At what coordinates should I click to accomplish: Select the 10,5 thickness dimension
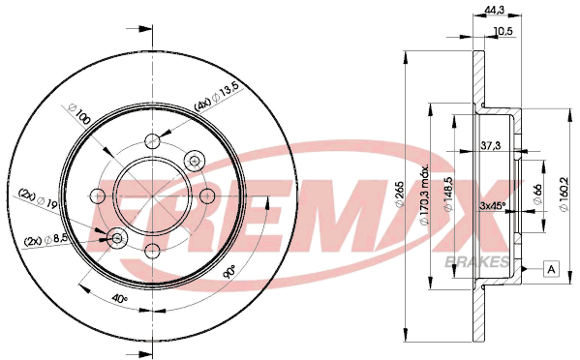pyautogui.click(x=503, y=31)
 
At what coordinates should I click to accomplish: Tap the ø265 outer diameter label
pyautogui.click(x=399, y=194)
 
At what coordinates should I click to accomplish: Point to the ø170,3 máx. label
pyautogui.click(x=425, y=195)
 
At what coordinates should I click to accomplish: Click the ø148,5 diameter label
pyautogui.click(x=448, y=195)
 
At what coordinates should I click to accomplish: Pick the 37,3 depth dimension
pyautogui.click(x=491, y=145)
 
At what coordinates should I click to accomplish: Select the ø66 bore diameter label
pyautogui.click(x=537, y=194)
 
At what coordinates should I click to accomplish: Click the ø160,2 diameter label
pyautogui.click(x=565, y=195)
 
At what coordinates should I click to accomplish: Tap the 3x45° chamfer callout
pyautogui.click(x=492, y=206)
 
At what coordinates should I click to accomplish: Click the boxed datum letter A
pyautogui.click(x=551, y=269)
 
